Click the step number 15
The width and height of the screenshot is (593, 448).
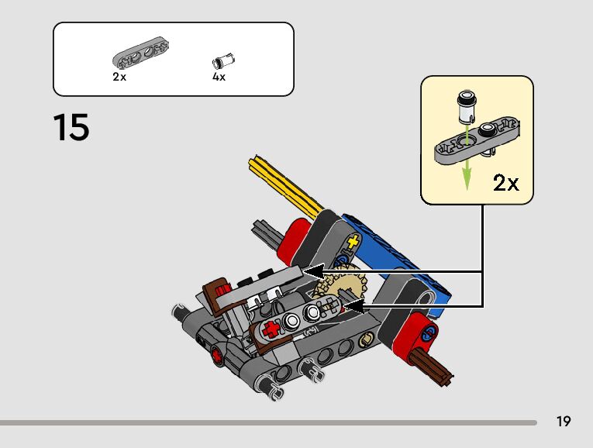point(71,127)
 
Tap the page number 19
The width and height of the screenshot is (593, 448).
point(563,422)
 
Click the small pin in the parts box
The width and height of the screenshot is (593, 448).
point(225,61)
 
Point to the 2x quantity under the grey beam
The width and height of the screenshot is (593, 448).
point(119,78)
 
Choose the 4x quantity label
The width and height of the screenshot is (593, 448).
point(219,78)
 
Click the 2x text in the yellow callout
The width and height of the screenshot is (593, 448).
point(506,183)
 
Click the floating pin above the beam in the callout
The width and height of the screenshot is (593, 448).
point(466,105)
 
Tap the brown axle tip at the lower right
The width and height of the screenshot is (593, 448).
point(437,372)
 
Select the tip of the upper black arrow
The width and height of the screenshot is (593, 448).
point(305,271)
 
